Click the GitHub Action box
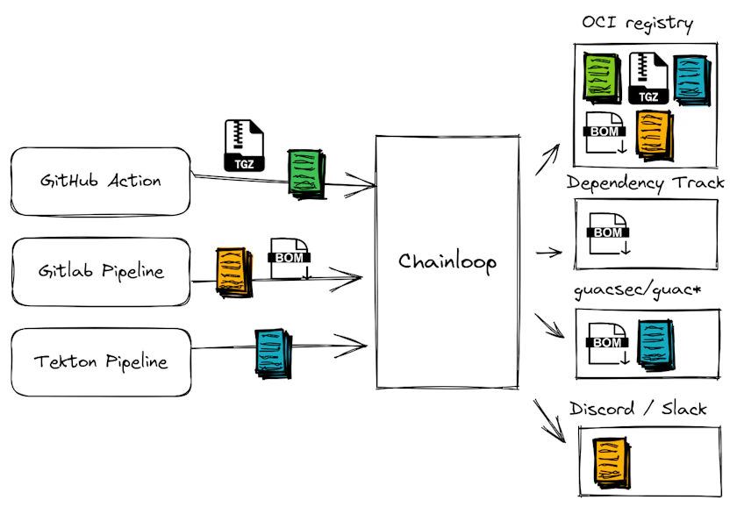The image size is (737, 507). click(x=100, y=182)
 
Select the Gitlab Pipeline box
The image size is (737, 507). click(x=100, y=271)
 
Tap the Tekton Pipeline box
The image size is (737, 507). click(x=100, y=361)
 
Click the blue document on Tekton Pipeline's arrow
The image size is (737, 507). click(x=273, y=352)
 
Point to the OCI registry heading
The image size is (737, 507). click(x=638, y=24)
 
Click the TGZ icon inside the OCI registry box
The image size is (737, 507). click(x=648, y=79)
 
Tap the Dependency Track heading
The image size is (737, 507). click(x=645, y=182)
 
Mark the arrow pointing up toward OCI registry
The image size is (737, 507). click(x=548, y=160)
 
